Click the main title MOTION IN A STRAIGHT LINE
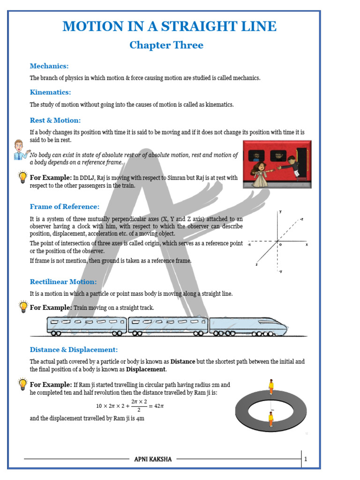pos(169,26)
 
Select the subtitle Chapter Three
pos(166,45)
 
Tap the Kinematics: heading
pos(50,92)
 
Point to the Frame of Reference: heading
pos(65,207)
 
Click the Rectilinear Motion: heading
pos(63,282)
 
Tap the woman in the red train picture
pos(259,174)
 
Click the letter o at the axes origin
pos(280,245)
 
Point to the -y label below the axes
pos(280,271)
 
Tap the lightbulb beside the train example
pos(22,307)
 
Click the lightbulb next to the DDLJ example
pos(22,177)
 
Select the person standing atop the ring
pos(271,387)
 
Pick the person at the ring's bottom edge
pos(271,418)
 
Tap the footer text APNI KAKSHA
pos(153,459)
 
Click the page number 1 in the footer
pos(306,459)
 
